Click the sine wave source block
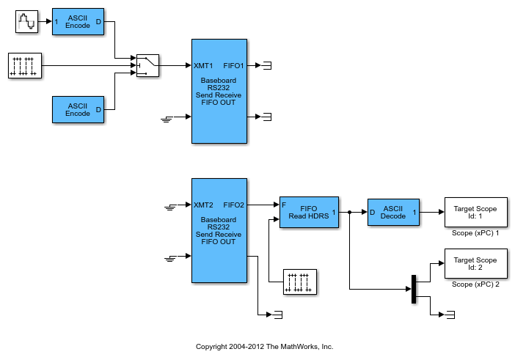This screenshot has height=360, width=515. coord(26,22)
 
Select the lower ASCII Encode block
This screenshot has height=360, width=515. coord(78,109)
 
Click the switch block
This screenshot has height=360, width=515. coord(148,65)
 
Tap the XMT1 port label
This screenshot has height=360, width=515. coord(204,65)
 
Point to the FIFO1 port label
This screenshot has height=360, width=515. coord(233,65)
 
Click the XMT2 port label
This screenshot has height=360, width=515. coord(204,205)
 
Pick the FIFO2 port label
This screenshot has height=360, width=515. coord(233,205)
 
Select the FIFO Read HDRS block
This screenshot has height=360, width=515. coord(309,212)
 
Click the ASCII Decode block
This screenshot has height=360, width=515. coord(393,212)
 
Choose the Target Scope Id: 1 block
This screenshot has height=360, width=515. coord(475,213)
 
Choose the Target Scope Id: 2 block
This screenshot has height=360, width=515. coord(475,263)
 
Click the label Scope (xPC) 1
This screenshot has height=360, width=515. coord(475,233)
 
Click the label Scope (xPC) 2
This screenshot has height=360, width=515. coord(475,284)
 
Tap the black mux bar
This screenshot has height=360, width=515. coord(414,288)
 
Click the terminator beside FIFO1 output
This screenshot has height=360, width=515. coord(266,65)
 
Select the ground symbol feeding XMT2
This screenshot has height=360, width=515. coord(170,207)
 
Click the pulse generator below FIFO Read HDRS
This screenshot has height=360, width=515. coord(300,282)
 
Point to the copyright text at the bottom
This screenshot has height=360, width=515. coord(264,346)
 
